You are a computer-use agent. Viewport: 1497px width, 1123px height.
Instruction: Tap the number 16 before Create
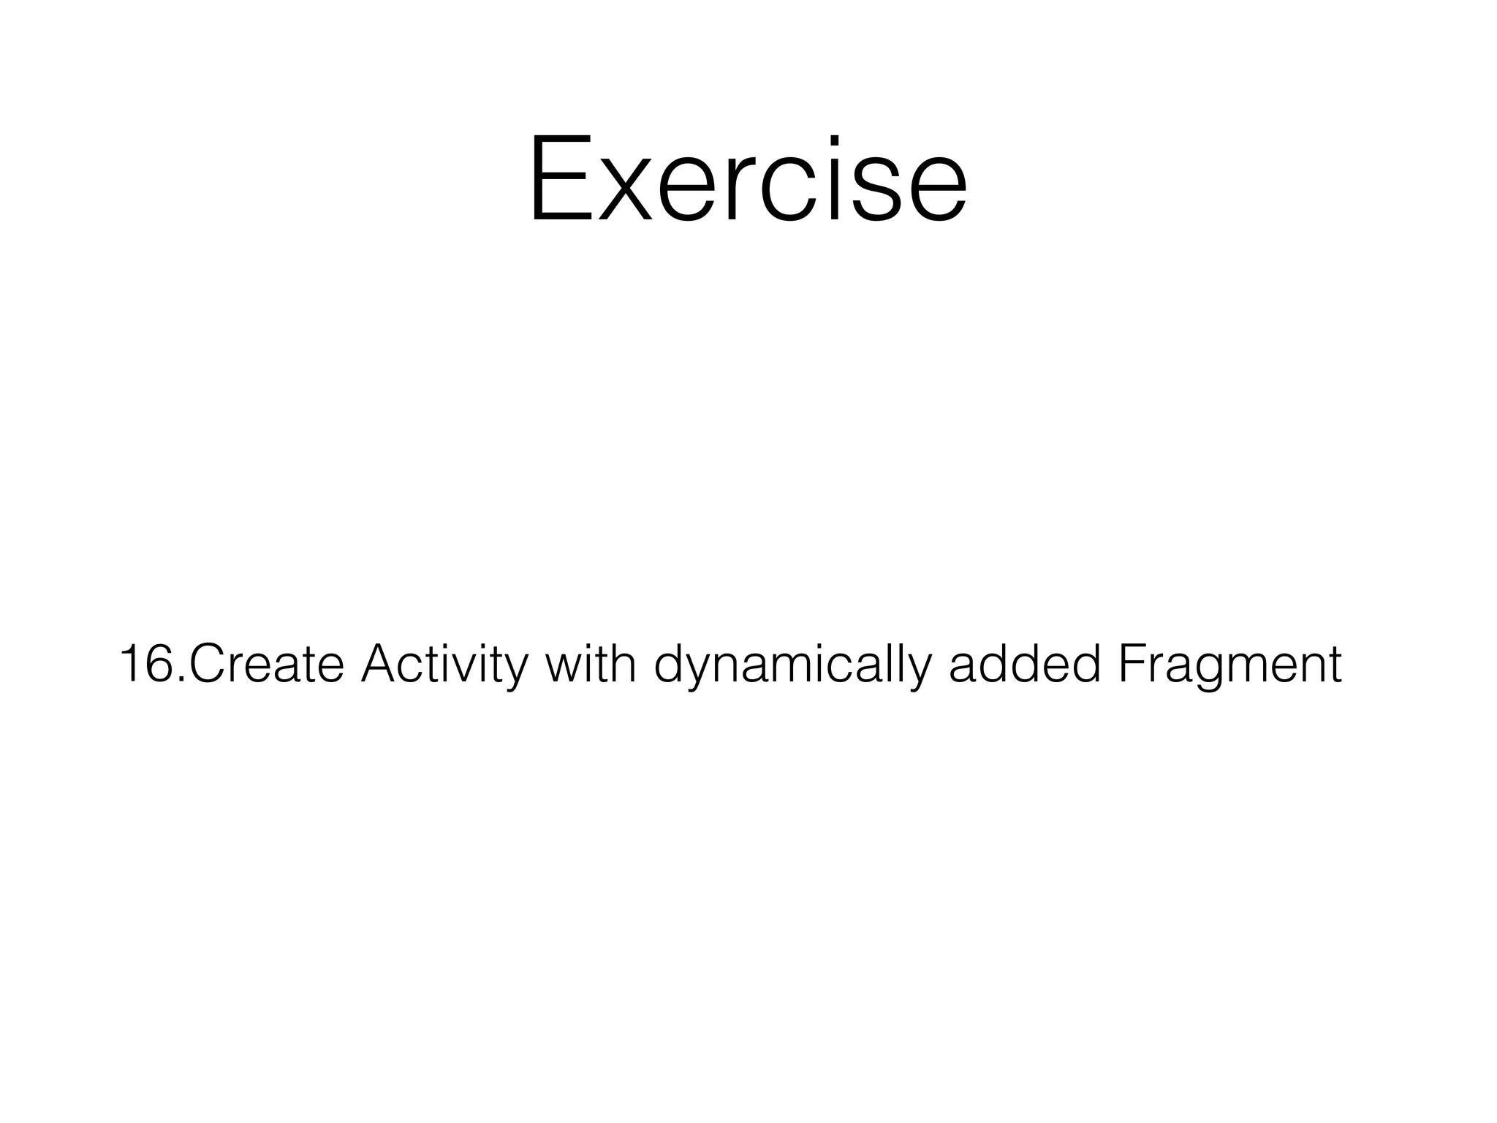click(x=147, y=664)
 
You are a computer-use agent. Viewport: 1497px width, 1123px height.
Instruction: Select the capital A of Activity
click(x=381, y=664)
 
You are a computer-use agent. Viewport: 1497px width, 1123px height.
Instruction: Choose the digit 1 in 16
click(x=131, y=664)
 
